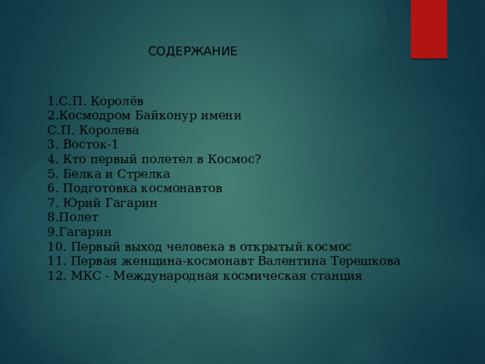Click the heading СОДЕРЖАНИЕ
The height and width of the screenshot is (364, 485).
[192, 52]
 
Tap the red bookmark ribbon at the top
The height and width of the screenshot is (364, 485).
[428, 29]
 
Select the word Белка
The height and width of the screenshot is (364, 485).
[80, 174]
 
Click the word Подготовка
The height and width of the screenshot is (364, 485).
[101, 188]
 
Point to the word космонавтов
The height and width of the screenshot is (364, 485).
[183, 188]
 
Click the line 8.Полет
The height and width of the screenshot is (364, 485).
[73, 218]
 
